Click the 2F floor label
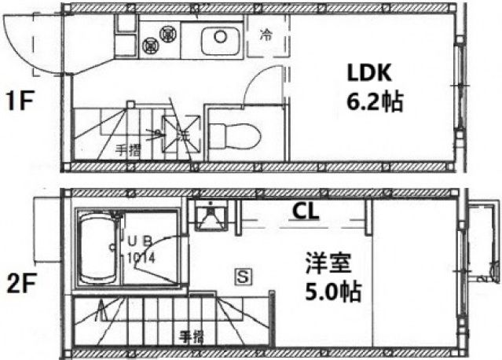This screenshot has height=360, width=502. click(19, 282)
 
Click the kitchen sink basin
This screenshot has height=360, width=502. click(219, 40)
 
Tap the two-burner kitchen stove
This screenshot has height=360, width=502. click(157, 40)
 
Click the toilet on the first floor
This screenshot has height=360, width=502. click(236, 135)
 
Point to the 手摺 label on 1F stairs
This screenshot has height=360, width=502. click(127, 149)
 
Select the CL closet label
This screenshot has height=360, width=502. click(306, 210)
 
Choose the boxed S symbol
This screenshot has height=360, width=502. click(244, 275)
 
